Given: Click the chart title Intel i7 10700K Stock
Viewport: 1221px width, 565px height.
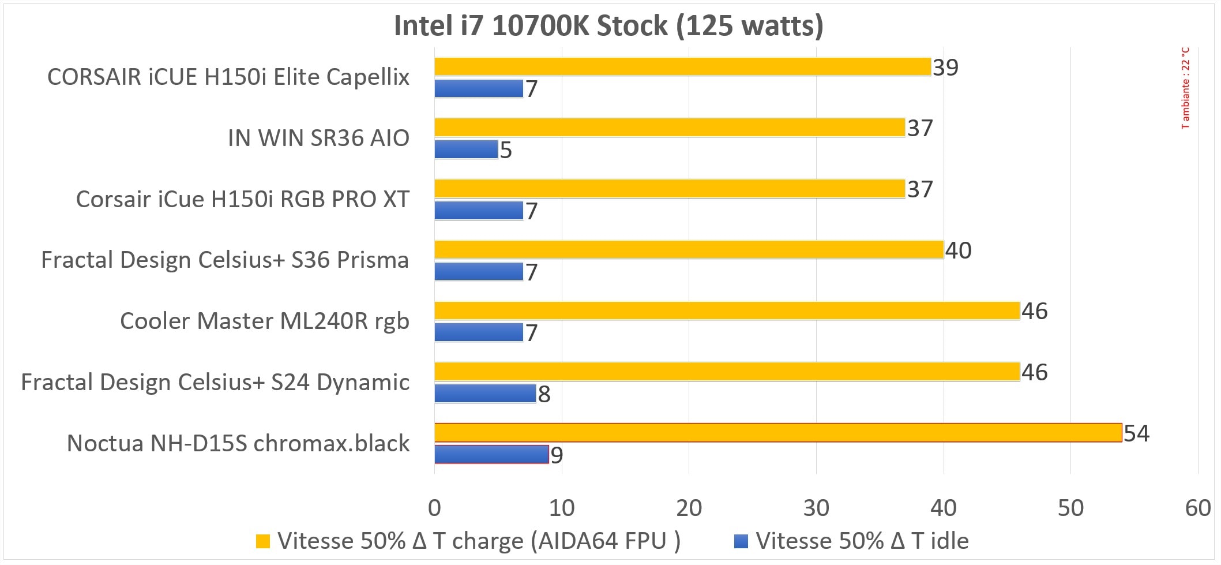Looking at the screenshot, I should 608,26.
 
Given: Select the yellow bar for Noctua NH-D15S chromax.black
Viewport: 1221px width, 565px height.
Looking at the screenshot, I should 777,432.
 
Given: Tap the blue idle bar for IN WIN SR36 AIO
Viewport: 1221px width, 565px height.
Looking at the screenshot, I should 465,149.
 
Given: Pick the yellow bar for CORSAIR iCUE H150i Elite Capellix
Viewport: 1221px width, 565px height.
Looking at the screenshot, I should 682,67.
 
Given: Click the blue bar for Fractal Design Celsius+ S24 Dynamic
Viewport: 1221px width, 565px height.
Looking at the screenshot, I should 484,394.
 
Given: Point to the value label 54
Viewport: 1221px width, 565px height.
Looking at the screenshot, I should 1136,433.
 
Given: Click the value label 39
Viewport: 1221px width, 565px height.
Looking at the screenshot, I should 945,68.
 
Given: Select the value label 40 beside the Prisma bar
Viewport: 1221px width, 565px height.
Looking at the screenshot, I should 958,250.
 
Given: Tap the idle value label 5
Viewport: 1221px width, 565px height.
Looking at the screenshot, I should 506,150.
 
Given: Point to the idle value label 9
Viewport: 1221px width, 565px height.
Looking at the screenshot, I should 557,455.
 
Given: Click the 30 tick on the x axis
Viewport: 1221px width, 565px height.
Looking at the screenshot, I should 816,508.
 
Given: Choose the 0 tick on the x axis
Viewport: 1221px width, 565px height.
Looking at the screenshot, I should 434,508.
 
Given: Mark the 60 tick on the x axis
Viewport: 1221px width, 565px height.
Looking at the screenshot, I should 1198,508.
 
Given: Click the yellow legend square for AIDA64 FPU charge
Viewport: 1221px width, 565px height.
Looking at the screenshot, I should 262,541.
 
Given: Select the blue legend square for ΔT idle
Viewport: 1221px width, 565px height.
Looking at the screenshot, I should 741,541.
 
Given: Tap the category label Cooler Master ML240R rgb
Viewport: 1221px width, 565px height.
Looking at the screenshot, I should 265,321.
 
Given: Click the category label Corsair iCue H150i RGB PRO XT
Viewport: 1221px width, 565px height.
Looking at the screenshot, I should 243,199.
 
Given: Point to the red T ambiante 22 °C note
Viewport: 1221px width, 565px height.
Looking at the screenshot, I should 1185,88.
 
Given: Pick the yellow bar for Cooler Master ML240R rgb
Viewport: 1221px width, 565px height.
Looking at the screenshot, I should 727,310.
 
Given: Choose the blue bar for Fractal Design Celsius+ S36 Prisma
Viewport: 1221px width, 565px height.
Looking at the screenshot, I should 478,272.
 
